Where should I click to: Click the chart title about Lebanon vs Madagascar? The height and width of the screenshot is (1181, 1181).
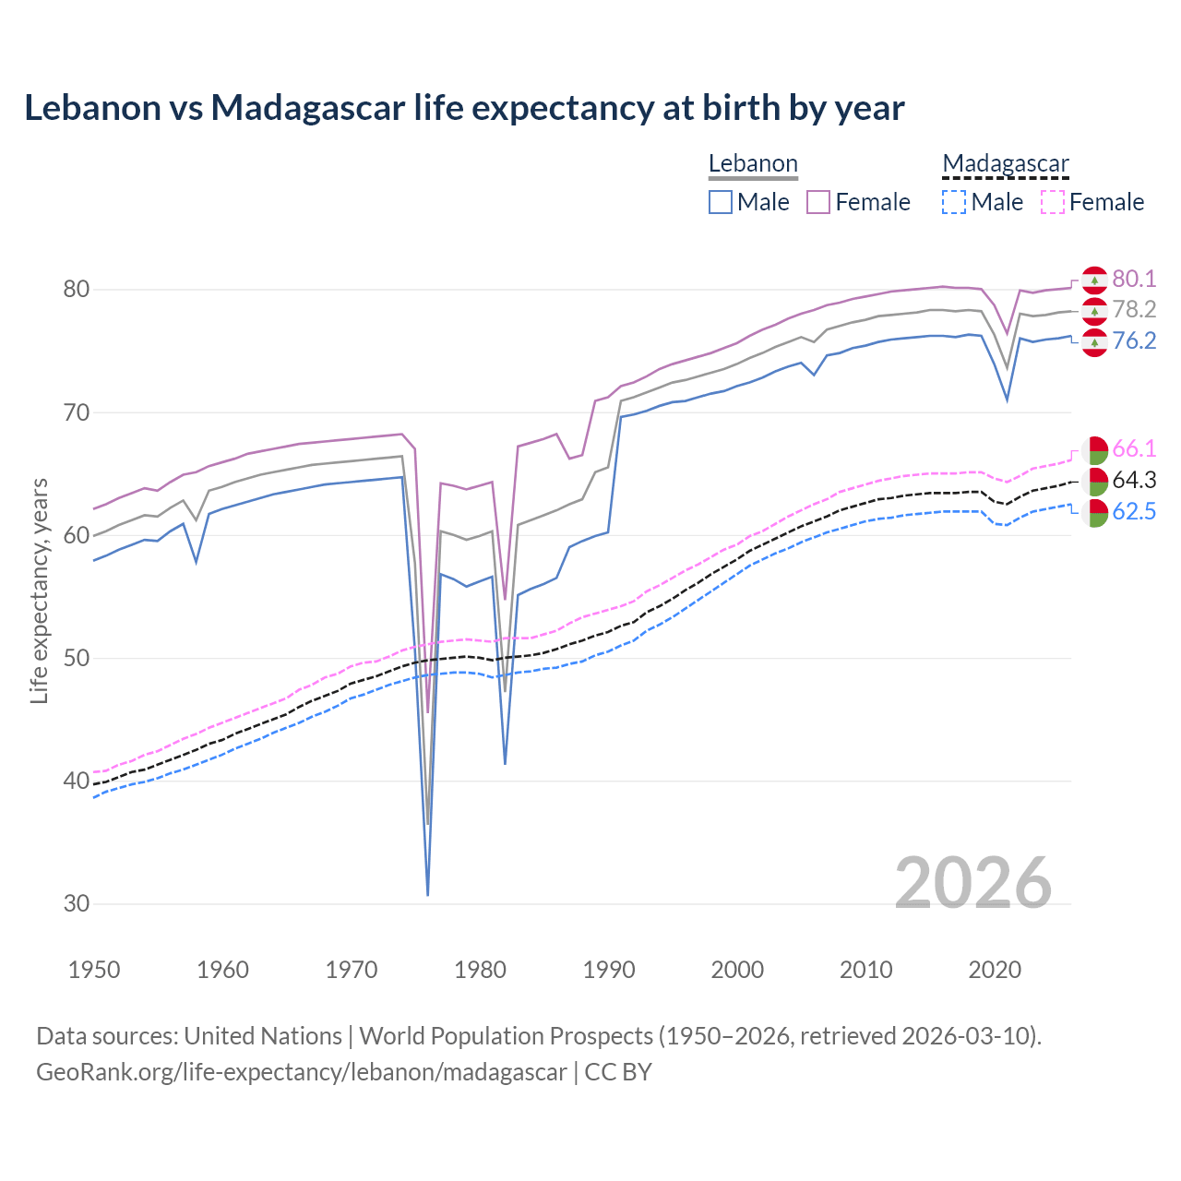[x=464, y=108]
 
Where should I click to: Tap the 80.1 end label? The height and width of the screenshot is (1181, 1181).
[x=1133, y=279]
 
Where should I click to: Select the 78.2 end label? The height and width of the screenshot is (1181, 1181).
[x=1133, y=310]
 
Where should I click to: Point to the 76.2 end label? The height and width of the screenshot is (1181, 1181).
[x=1133, y=341]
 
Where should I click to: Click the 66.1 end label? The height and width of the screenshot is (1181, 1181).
[x=1133, y=449]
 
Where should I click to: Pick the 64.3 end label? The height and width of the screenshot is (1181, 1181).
[x=1133, y=481]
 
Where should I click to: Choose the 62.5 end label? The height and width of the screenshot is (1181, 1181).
[x=1133, y=512]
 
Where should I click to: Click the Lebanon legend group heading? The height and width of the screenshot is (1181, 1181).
[x=753, y=164]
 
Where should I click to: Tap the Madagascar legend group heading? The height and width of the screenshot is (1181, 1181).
[x=1005, y=164]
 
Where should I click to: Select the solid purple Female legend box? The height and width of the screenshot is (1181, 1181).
[x=818, y=202]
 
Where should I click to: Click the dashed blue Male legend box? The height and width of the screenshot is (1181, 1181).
[x=954, y=202]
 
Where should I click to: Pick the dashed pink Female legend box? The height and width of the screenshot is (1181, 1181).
[x=1053, y=202]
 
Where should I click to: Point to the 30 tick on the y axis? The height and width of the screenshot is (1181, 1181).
[x=77, y=904]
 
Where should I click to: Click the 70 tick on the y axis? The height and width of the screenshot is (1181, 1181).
[x=77, y=412]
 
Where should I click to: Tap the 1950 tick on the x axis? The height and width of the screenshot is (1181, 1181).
[x=94, y=970]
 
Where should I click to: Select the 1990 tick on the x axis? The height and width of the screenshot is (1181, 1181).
[x=609, y=970]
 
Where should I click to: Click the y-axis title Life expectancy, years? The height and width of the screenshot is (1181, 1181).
[x=40, y=590]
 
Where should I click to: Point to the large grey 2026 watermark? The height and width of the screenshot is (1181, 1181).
[x=972, y=883]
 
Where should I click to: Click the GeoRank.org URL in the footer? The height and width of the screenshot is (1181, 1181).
[x=301, y=1072]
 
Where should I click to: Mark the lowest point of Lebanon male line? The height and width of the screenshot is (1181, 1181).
[x=428, y=894]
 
